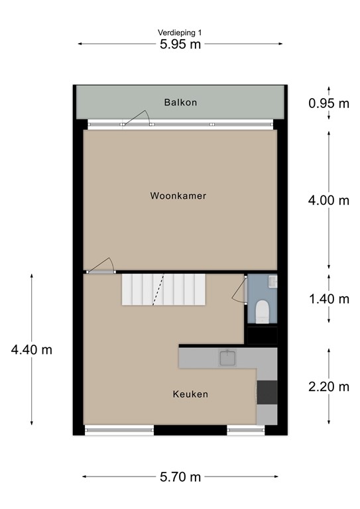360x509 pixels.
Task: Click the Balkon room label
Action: click(x=180, y=103)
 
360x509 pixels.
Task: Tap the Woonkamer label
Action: click(x=178, y=196)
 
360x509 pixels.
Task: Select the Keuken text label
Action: click(x=190, y=394)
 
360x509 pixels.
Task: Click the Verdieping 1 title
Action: click(x=180, y=32)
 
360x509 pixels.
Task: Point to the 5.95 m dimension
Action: click(x=180, y=44)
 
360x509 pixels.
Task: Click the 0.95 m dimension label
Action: click(x=329, y=103)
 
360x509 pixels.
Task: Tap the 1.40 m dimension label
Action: click(x=329, y=299)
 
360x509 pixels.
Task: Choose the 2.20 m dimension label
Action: click(x=329, y=386)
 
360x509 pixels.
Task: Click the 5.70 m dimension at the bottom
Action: click(x=180, y=477)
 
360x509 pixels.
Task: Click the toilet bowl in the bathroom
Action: click(x=261, y=310)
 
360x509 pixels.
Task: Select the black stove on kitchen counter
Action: click(x=267, y=392)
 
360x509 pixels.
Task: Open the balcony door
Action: click(x=137, y=119)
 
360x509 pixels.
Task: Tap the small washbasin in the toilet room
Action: click(x=272, y=282)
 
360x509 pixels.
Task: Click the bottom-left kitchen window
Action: click(x=119, y=431)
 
